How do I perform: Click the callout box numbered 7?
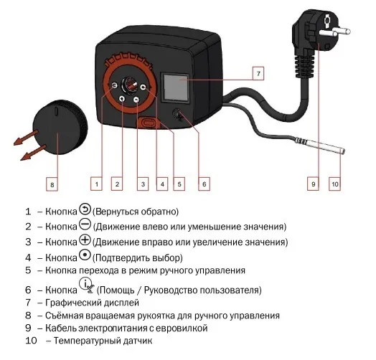(258, 73)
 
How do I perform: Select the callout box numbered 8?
(51, 184)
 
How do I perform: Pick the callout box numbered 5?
(179, 184)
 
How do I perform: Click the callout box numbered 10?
(334, 184)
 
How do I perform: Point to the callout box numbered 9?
(313, 184)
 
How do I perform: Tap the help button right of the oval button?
(177, 114)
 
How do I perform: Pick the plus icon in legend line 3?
(84, 240)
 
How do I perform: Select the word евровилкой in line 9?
(183, 328)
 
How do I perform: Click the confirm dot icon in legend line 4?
(84, 255)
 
